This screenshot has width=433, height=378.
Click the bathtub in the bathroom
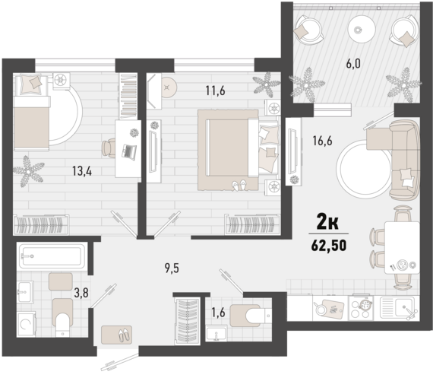click(49, 254)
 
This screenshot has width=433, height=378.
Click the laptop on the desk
click(128, 151)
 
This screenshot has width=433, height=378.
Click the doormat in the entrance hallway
click(116, 333)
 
